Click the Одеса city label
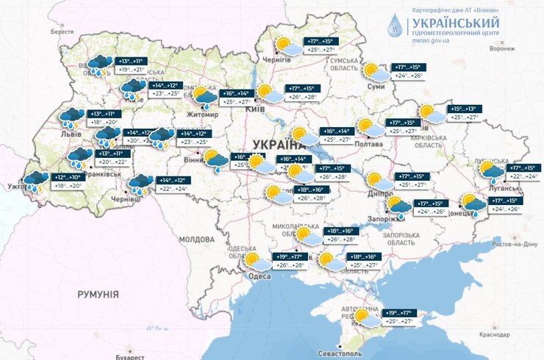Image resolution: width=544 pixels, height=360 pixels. (x=259, y=276)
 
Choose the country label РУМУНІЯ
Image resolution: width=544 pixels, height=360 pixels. (x=98, y=294)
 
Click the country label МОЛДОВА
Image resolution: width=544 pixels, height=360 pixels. (x=196, y=240)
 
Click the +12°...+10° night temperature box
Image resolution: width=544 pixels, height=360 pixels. (x=65, y=177)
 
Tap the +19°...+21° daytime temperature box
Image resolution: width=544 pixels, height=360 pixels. (x=133, y=71)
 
